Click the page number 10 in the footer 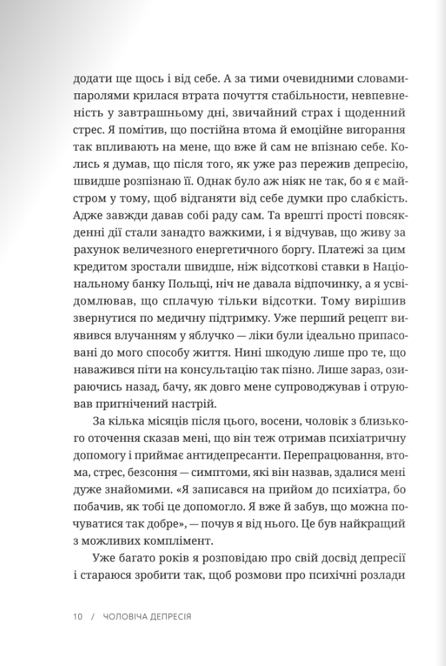(x=77, y=616)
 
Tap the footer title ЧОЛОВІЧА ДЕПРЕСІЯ (x=147, y=616)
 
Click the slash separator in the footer (x=93, y=616)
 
